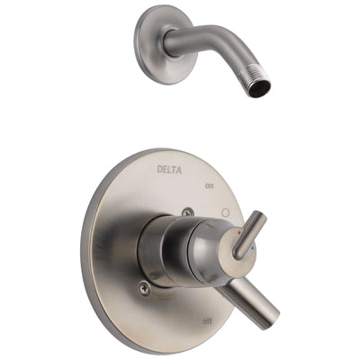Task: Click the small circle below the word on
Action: click(224, 212)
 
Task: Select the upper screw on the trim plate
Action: click(186, 213)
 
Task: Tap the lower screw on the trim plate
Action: click(144, 287)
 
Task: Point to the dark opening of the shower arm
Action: click(261, 88)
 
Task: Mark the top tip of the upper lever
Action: click(261, 216)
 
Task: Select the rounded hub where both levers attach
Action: click(211, 252)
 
